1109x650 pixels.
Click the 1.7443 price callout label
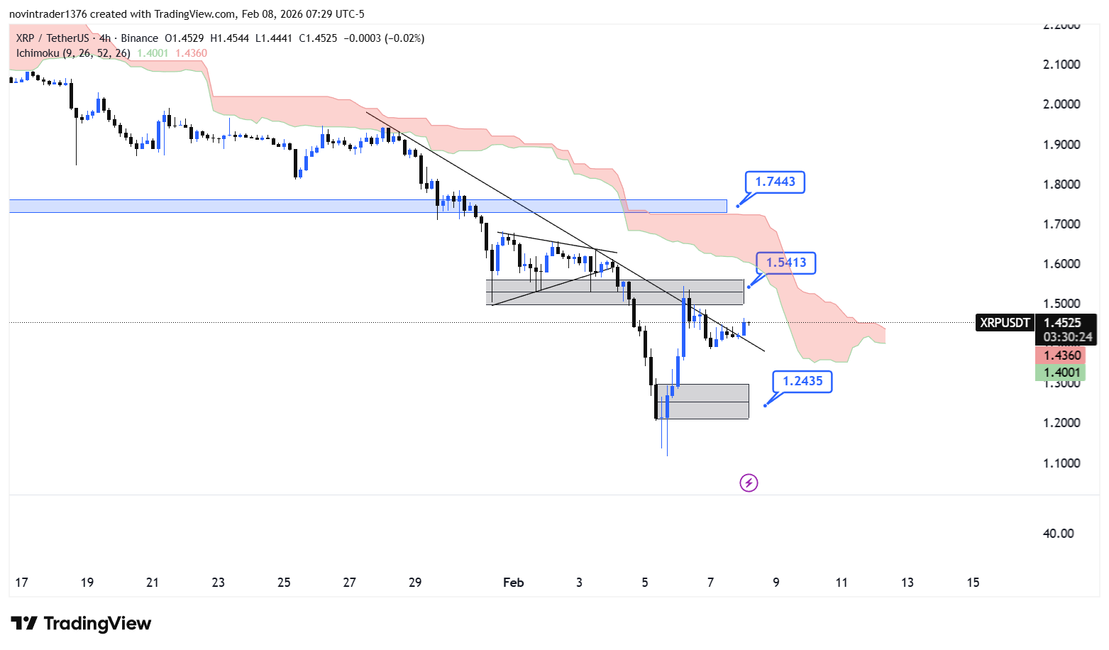pyautogui.click(x=775, y=182)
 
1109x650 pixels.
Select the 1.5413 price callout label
pyautogui.click(x=785, y=263)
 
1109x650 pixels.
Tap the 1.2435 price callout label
pyautogui.click(x=802, y=381)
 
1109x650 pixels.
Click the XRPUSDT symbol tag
pyautogui.click(x=1004, y=323)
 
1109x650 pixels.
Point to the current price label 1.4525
pyautogui.click(x=1062, y=323)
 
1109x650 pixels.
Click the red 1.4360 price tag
pyautogui.click(x=1061, y=356)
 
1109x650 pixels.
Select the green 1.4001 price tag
pyautogui.click(x=1061, y=373)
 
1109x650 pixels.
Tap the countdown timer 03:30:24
pyautogui.click(x=1067, y=337)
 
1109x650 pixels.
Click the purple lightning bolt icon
pyautogui.click(x=749, y=483)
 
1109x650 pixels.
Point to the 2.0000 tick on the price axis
pyautogui.click(x=1061, y=104)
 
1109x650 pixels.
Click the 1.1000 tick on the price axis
pyautogui.click(x=1061, y=463)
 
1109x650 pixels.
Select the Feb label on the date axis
pyautogui.click(x=513, y=583)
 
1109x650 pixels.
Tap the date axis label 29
pyautogui.click(x=415, y=583)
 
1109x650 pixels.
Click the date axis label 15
pyautogui.click(x=973, y=583)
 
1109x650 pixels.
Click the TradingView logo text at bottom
pyautogui.click(x=97, y=624)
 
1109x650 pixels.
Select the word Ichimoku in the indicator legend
pyautogui.click(x=38, y=53)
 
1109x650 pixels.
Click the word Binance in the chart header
pyautogui.click(x=139, y=38)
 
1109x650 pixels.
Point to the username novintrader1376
pyautogui.click(x=48, y=14)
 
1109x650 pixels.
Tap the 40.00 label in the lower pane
pyautogui.click(x=1058, y=534)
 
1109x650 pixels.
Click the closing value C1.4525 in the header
pyautogui.click(x=318, y=38)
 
